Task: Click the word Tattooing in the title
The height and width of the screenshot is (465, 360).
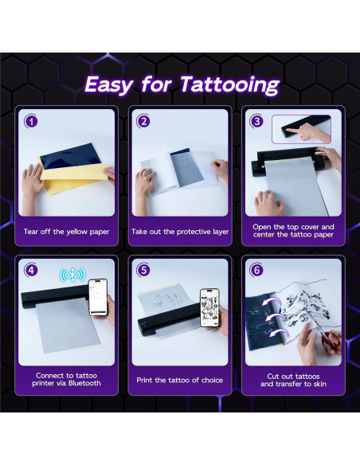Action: [230, 85]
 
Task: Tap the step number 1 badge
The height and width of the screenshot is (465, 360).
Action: [31, 122]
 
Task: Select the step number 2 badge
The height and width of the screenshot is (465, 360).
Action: [144, 122]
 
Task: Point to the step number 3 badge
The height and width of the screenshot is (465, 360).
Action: [256, 121]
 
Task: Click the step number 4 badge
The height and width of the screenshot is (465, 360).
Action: [31, 271]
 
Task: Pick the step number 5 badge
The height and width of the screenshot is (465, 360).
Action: [144, 271]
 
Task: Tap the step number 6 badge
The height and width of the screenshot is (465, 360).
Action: [256, 271]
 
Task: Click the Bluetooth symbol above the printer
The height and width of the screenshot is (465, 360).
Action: [72, 275]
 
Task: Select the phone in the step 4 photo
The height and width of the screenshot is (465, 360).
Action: [98, 298]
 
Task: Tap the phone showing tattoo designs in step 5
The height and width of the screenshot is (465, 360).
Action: [209, 307]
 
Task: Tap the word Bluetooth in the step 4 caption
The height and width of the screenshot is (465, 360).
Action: [84, 383]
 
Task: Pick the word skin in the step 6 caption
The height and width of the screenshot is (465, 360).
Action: [319, 384]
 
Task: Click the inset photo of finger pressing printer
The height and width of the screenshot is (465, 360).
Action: [301, 129]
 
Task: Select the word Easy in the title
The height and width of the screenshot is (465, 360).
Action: [109, 85]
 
